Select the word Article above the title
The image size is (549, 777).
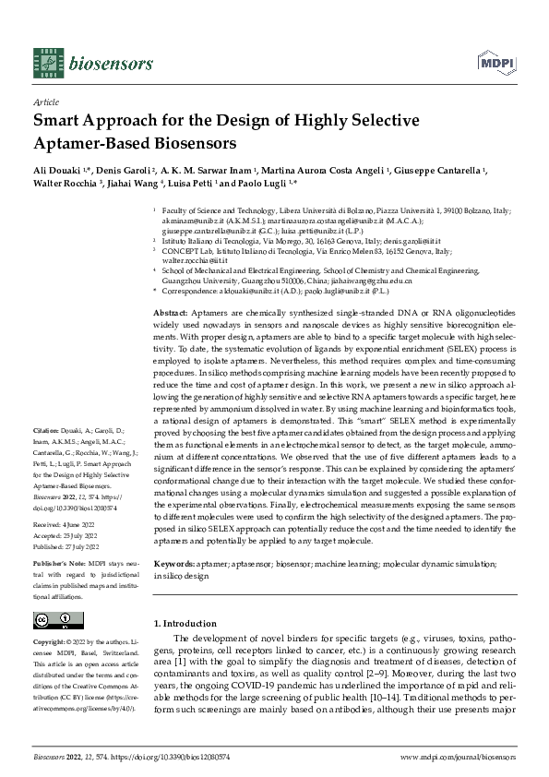tap(45, 102)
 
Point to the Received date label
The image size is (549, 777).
tap(48, 523)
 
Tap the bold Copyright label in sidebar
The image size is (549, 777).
tap(51, 640)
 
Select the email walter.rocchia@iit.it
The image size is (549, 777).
tap(195, 261)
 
